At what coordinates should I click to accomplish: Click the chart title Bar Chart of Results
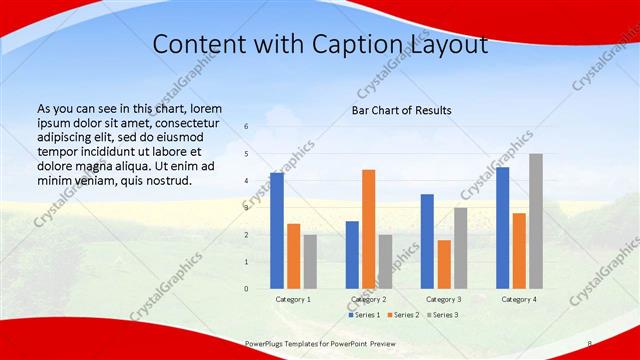coord(401,110)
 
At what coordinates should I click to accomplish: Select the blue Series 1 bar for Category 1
coord(276,231)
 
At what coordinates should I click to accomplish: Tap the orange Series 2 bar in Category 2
coord(368,229)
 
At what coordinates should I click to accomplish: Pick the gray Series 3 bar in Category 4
coord(536,221)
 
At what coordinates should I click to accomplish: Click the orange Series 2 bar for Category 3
coord(444,264)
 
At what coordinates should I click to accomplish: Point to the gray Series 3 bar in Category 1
coord(310,262)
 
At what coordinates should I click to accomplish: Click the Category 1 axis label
coord(293,299)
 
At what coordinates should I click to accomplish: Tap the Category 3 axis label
coord(444,299)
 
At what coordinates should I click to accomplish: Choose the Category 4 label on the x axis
coord(519,299)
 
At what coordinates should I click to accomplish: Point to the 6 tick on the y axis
coord(246,128)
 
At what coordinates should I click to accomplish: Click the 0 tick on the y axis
coord(246,289)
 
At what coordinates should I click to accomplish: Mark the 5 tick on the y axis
coord(246,155)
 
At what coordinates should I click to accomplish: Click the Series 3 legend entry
coord(444,315)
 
